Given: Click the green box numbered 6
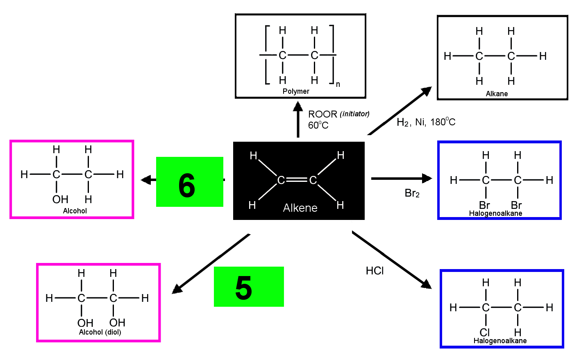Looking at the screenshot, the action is (x=189, y=182).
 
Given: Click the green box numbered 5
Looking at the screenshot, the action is (x=249, y=287).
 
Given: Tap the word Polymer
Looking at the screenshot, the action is (x=296, y=91).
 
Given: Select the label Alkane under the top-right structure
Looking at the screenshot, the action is (x=497, y=93).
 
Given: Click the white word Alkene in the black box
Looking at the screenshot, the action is (x=300, y=208).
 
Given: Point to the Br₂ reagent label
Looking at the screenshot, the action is (x=412, y=193).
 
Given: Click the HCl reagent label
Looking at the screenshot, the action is (x=375, y=271).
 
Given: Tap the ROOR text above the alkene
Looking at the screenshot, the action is (x=322, y=114).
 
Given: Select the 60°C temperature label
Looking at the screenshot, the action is (x=318, y=125).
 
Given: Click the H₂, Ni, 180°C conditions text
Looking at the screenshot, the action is (x=426, y=122).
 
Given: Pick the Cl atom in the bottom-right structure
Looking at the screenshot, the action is (x=485, y=333).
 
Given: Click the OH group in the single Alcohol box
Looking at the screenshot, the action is (x=60, y=199).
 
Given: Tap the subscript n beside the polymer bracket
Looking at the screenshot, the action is (x=338, y=84).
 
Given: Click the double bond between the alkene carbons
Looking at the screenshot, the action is (x=297, y=180).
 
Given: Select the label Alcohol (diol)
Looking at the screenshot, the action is (x=100, y=332).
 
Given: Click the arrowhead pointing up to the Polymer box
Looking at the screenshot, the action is (x=298, y=106).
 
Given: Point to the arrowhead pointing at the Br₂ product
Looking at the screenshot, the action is (x=427, y=178).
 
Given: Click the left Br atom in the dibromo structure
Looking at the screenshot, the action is (x=484, y=205).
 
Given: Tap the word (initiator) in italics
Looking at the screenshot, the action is (x=354, y=114).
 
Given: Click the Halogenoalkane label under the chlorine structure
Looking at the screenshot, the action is (x=500, y=341).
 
